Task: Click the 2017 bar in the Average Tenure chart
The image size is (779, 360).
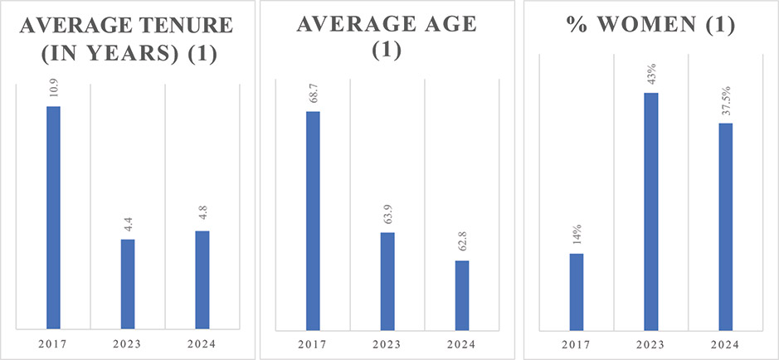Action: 53,217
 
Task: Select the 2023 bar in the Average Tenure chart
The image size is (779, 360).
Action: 128,284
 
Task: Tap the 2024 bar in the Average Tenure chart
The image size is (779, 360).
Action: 202,280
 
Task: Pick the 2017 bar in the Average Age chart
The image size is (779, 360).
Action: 313,220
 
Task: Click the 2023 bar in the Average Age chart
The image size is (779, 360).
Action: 387,280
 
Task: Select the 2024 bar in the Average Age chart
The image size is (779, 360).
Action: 462,294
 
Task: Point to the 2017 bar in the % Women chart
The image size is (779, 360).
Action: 577,291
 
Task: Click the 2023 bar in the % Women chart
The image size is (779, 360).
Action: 651,211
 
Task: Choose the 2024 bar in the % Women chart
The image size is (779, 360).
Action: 726,226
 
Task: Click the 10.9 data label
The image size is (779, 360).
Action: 53,86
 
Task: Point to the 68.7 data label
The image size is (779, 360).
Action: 313,92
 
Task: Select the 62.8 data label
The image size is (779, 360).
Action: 462,241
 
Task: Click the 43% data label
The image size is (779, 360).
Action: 651,73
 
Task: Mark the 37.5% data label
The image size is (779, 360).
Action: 726,100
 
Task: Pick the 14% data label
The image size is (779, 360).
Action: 577,236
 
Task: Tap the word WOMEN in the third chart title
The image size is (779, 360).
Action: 665,26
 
